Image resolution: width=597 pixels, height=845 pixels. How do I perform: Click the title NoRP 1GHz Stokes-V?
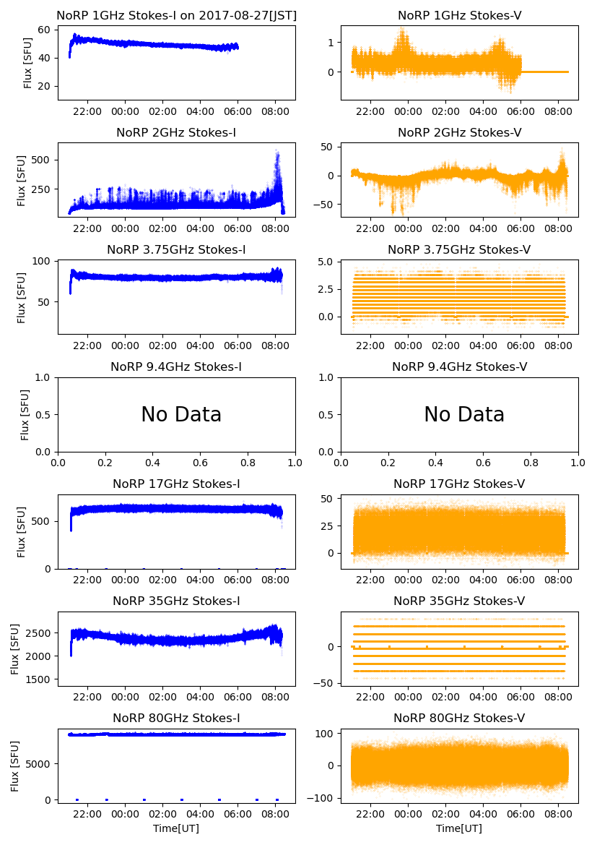[459, 15]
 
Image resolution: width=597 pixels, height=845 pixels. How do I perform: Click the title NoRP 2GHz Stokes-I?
[176, 132]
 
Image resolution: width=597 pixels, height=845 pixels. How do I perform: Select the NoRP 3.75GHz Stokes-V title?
[459, 249]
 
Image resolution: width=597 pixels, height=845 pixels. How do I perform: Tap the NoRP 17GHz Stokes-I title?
[176, 484]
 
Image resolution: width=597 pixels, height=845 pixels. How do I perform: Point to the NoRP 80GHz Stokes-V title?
[459, 718]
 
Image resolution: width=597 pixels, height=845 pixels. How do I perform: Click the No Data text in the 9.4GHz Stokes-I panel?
[181, 415]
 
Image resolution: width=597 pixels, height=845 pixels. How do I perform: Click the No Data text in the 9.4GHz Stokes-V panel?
[464, 415]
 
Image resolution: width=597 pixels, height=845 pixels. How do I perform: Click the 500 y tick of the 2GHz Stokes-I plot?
[41, 160]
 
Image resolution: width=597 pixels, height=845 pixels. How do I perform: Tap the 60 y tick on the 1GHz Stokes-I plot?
[43, 30]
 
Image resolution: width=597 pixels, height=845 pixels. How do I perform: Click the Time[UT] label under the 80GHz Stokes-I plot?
[176, 828]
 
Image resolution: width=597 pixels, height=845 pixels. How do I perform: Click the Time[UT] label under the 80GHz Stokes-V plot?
[459, 828]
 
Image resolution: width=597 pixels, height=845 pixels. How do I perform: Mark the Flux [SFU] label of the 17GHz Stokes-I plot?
[22, 532]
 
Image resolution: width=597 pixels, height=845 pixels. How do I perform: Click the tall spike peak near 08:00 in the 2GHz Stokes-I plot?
[276, 151]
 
